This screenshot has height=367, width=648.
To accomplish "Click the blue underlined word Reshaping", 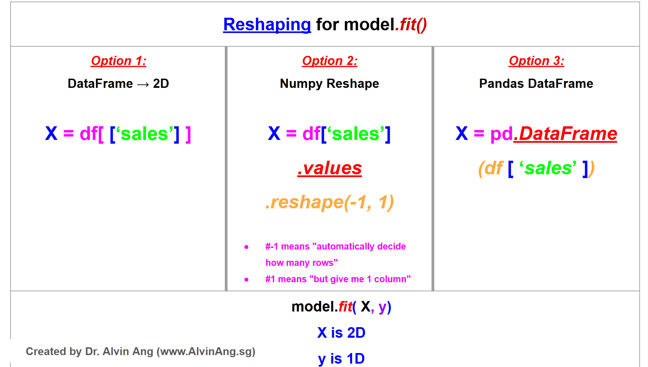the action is pyautogui.click(x=267, y=25).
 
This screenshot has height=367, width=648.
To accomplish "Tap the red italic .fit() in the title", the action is pyautogui.click(x=411, y=25).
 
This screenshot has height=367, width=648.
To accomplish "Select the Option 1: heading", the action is pyautogui.click(x=118, y=61).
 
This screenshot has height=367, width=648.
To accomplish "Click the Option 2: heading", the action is pyautogui.click(x=330, y=61).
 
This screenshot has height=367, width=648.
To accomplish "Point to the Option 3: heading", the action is pyautogui.click(x=536, y=61).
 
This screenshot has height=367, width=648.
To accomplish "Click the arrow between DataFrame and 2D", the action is pyautogui.click(x=143, y=84).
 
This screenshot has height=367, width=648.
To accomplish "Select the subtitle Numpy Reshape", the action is pyautogui.click(x=329, y=84).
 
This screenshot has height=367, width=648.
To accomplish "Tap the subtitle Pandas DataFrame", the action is pyautogui.click(x=536, y=84).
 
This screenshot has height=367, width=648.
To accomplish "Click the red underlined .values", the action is pyautogui.click(x=329, y=168).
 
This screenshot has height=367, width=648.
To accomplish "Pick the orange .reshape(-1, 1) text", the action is pyautogui.click(x=329, y=202).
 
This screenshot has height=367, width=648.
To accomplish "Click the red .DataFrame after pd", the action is pyautogui.click(x=565, y=133).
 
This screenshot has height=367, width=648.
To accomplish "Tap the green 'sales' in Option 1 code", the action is pyautogui.click(x=145, y=134).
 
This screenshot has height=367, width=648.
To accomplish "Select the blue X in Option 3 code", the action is pyautogui.click(x=461, y=133).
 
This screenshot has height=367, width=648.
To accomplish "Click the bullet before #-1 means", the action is pyautogui.click(x=247, y=247).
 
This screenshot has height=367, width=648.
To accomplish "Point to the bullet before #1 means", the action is pyautogui.click(x=247, y=280).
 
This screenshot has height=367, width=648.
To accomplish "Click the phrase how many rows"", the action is pyautogui.click(x=301, y=263).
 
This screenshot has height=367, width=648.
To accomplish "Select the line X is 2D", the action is pyautogui.click(x=341, y=333).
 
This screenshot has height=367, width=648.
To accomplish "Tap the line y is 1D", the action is pyautogui.click(x=341, y=358).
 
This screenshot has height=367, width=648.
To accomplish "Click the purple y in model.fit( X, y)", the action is pyautogui.click(x=382, y=307).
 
